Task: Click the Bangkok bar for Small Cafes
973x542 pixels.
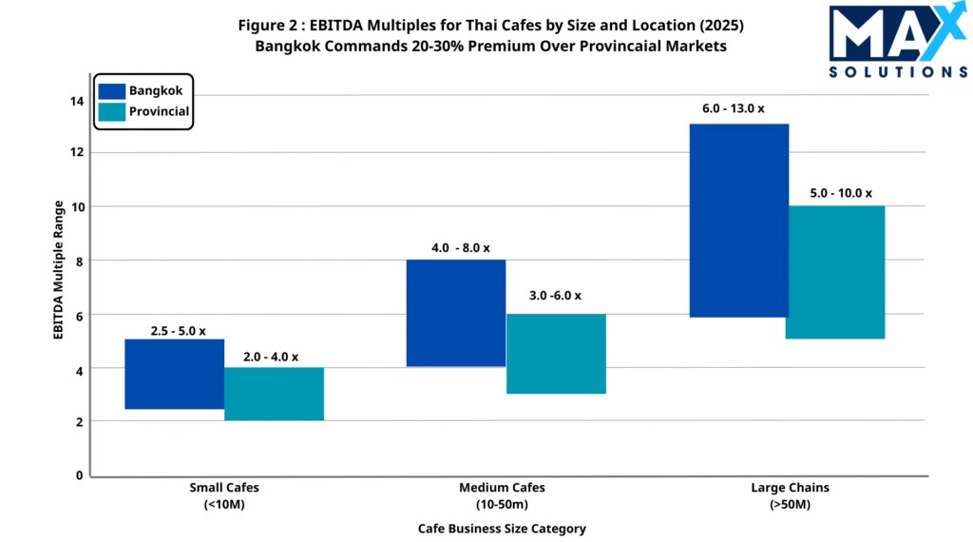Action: coord(174,374)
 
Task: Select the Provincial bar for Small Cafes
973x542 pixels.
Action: coord(274,394)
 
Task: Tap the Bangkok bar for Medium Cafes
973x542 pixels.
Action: coord(456,313)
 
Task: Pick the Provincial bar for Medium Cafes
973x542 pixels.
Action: coord(556,354)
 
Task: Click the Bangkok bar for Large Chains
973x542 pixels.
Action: coord(738,221)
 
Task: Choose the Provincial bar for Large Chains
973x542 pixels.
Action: coord(836,272)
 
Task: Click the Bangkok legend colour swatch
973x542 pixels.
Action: coord(111,90)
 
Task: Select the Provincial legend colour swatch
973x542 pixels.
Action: coord(111,111)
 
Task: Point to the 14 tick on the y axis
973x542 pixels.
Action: coord(78,100)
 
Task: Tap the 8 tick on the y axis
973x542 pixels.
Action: coord(78,261)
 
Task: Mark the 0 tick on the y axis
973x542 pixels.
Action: coord(79,474)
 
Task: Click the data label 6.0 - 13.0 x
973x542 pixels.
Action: coord(734,108)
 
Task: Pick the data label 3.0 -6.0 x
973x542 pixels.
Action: coord(556,296)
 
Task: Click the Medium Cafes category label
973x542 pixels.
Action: coord(502,495)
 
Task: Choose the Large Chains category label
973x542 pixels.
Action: coord(790,495)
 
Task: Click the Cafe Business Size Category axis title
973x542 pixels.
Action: coord(502,528)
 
